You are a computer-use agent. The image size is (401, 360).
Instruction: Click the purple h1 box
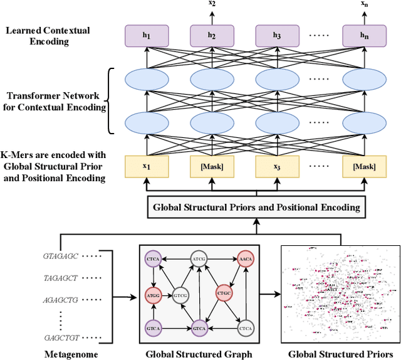click(x=147, y=36)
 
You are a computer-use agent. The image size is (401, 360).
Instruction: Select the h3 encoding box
click(x=276, y=36)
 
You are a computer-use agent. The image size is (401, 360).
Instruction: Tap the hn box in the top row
click(x=363, y=36)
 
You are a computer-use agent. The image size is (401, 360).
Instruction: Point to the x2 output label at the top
click(x=212, y=4)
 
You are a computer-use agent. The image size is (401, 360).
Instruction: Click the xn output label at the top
click(x=363, y=4)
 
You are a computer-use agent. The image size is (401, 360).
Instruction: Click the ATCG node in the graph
click(x=199, y=258)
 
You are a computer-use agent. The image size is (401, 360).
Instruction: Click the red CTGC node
click(x=224, y=293)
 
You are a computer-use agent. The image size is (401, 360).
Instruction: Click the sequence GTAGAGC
click(x=60, y=257)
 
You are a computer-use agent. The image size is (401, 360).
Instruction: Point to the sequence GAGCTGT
click(x=60, y=336)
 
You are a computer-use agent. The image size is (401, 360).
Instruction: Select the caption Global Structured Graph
click(x=199, y=354)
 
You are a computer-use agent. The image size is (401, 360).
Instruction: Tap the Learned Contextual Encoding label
click(x=47, y=36)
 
